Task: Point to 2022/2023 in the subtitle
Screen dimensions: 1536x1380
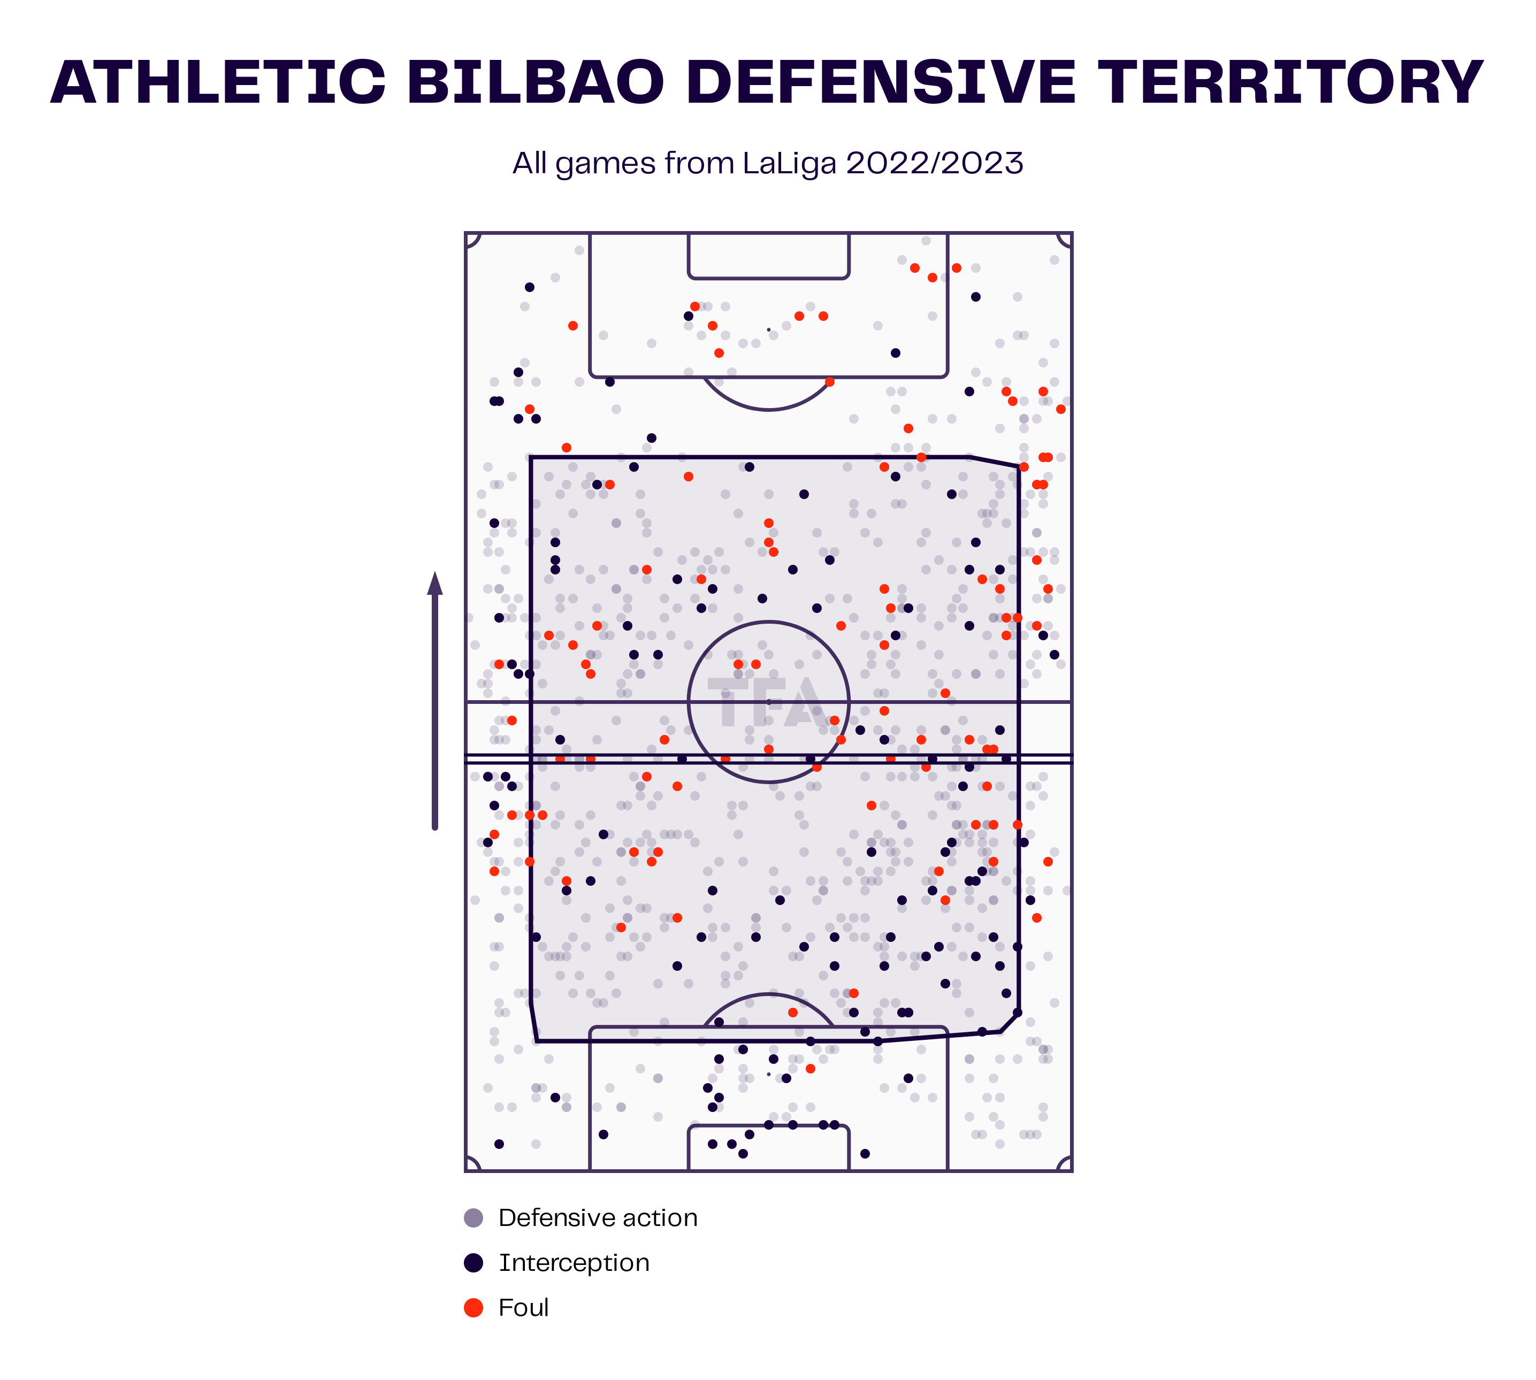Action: [935, 163]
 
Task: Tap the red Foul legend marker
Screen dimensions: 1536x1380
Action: [473, 1307]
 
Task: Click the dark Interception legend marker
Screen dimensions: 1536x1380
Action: [473, 1262]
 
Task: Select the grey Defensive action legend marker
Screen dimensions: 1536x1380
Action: [473, 1218]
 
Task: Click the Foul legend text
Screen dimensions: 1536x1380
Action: [523, 1307]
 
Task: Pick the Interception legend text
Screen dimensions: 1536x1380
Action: [574, 1263]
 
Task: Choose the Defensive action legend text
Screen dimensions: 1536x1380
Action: [598, 1218]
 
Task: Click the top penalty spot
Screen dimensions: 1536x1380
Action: [768, 330]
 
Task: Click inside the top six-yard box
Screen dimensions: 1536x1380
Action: [768, 256]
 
